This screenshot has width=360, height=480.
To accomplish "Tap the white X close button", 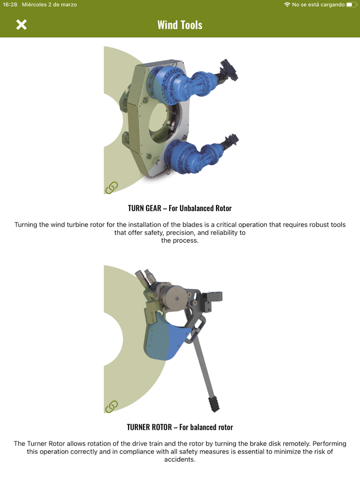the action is tap(22, 25).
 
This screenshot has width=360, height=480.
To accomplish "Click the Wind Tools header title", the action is tap(180, 25).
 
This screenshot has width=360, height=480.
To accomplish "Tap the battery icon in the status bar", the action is tap(352, 5).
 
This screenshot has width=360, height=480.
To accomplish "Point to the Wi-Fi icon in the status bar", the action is tap(287, 5).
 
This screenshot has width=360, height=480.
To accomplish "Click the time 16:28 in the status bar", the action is tap(10, 5).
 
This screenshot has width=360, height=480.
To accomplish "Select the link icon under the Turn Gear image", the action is tap(112, 188).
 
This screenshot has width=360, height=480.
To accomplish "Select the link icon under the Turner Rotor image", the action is tap(112, 407).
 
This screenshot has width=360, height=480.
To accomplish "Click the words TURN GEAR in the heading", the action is tap(145, 209).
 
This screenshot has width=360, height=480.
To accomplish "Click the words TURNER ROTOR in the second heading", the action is tap(149, 428).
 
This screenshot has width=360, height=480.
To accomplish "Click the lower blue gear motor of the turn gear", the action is tap(193, 155).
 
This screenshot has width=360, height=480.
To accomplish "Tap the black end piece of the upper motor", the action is tap(228, 70).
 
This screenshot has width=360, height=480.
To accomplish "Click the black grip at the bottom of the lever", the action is tap(214, 404).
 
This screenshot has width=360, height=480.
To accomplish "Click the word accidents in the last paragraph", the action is tap(179, 459).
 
